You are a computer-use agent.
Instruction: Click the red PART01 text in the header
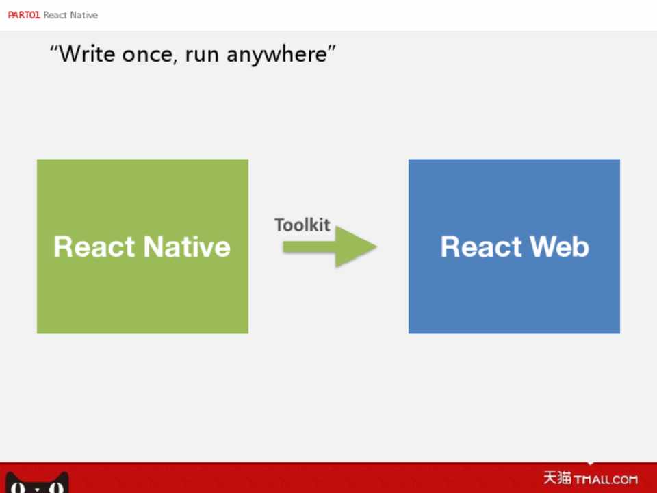(x=24, y=15)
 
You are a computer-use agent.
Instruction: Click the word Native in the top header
(x=83, y=15)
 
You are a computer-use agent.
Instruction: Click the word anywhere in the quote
(x=277, y=55)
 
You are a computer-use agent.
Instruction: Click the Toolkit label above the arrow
(x=302, y=225)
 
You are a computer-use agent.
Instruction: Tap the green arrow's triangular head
(x=356, y=246)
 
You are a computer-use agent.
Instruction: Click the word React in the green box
(x=94, y=246)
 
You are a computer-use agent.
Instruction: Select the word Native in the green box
(x=187, y=246)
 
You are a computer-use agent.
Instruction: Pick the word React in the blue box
(x=480, y=246)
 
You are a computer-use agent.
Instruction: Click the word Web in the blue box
(x=559, y=246)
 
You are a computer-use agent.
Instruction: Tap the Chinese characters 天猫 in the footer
(x=557, y=477)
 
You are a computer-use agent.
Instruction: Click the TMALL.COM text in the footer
(x=606, y=479)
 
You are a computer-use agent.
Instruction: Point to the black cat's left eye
(x=18, y=488)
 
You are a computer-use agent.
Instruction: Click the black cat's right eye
(x=56, y=488)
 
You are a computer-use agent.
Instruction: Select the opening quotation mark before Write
(x=53, y=48)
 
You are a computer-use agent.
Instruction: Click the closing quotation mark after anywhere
(x=332, y=48)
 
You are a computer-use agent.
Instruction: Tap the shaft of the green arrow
(x=309, y=247)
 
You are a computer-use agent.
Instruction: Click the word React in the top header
(x=55, y=15)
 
